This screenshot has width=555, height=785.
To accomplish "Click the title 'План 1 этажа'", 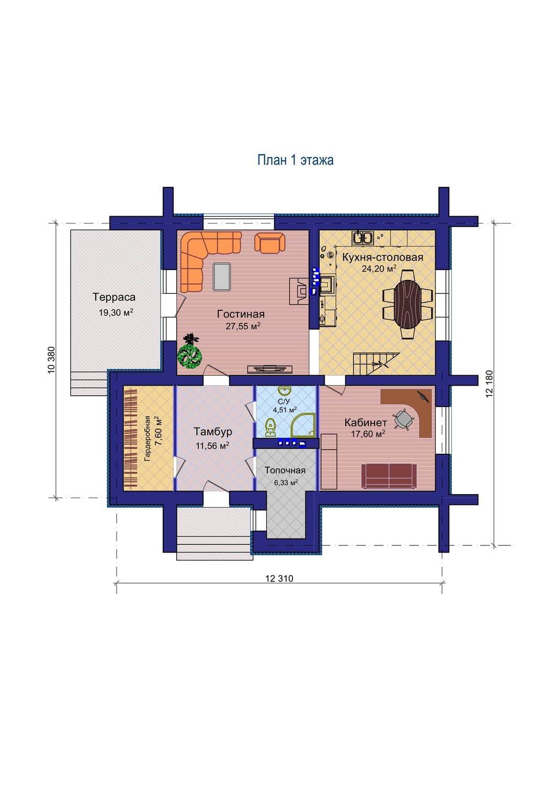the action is coord(296,160).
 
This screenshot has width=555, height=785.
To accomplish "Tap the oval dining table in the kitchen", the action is coord(407,304).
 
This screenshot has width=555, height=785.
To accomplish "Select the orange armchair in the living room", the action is coord(269,242).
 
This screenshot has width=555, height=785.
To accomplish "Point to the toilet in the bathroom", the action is coord(270,428).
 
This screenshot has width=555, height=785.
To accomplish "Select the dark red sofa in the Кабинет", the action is coord(389,476).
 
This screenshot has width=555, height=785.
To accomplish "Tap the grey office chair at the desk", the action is coord(404,419).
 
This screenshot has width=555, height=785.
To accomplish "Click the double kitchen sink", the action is coord(363,238).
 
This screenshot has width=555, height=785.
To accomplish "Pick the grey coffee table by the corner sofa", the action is coord(221,277).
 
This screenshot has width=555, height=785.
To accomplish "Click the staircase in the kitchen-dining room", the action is coord(376,363).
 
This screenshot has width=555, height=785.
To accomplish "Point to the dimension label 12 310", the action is coord(279,578).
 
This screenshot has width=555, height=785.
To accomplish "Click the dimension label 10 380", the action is coord(51,360).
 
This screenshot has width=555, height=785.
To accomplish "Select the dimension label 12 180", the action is coord(490,384).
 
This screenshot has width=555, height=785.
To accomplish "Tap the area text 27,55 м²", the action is coord(243,326).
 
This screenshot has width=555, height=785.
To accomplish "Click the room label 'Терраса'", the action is coord(114,297).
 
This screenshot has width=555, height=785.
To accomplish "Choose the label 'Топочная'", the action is coord(285,470).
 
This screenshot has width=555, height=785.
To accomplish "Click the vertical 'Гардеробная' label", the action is coord(148,438).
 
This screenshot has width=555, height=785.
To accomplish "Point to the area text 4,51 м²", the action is coord(285,410).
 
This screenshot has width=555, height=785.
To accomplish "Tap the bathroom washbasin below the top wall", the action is coord(284,391).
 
